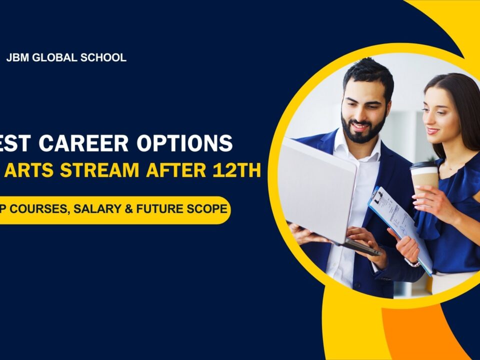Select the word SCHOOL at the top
click(103, 57)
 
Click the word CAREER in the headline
click(93, 143)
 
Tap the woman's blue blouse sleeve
click(427, 220)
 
